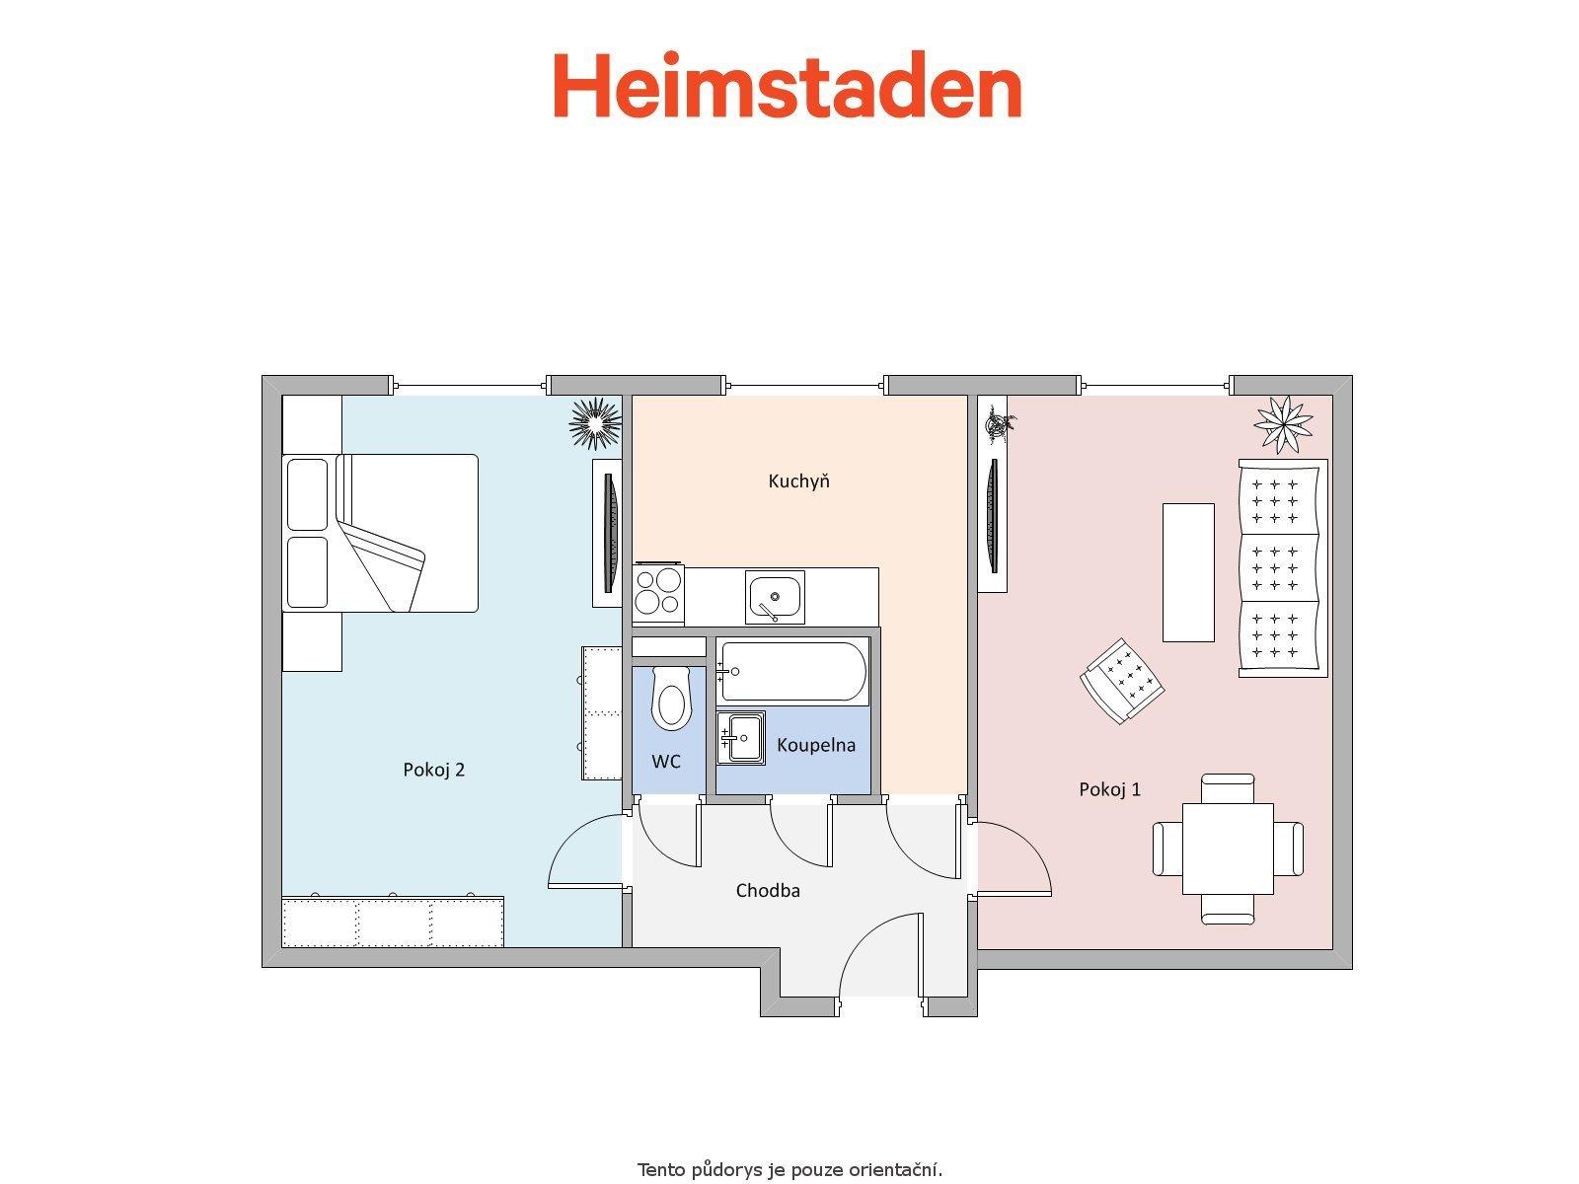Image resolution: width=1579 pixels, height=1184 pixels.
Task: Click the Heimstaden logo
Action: coord(787,84)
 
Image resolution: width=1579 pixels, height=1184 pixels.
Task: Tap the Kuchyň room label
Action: coord(798,481)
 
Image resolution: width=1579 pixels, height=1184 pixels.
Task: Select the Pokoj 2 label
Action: coord(434,770)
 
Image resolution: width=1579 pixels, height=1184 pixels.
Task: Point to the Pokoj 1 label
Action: coord(1109,789)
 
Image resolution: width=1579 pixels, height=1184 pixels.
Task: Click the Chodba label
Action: coord(768,891)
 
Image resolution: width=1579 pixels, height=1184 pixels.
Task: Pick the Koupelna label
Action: coord(816,745)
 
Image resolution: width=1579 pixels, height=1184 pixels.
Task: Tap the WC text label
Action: coord(666,762)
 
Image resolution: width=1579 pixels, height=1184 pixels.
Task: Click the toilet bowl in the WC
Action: coord(671,698)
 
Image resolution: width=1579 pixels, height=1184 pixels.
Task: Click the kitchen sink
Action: coord(775,597)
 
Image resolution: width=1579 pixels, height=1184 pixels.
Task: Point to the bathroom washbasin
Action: coord(741,738)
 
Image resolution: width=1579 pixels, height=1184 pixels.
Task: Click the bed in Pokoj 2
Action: coord(381,534)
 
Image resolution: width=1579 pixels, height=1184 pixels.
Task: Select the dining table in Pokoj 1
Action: coord(1228,849)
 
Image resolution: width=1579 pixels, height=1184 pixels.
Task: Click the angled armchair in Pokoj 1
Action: coord(1122,680)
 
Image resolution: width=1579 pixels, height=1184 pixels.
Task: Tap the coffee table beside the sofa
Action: coord(1188,572)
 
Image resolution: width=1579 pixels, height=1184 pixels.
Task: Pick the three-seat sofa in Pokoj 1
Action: coord(1283,568)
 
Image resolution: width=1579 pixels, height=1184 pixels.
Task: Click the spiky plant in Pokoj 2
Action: coord(595,424)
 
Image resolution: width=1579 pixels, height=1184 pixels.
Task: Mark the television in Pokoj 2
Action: coord(610,533)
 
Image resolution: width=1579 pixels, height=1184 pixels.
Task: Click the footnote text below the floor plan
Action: coord(789,1169)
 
